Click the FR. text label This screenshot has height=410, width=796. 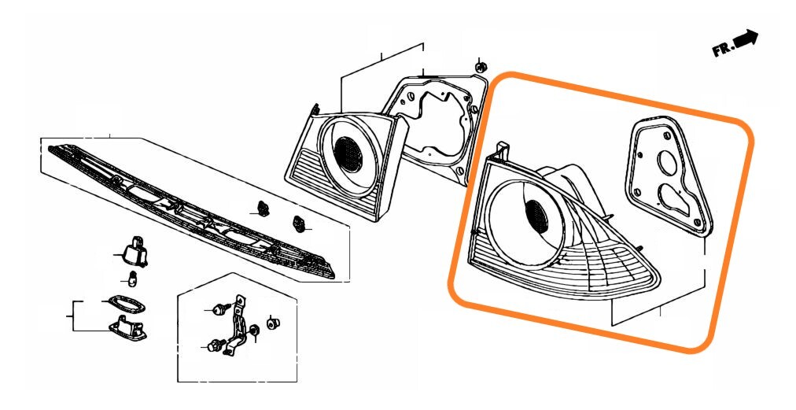pyautogui.click(x=723, y=50)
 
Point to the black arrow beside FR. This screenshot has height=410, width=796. pyautogui.click(x=746, y=39)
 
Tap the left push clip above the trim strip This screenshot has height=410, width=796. pyautogui.click(x=263, y=208)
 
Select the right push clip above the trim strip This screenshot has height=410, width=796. pyautogui.click(x=299, y=224)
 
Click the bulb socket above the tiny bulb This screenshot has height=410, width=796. pyautogui.click(x=134, y=250)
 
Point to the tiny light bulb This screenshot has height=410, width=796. pyautogui.click(x=132, y=279)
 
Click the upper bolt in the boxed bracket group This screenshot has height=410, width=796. pyautogui.click(x=221, y=308)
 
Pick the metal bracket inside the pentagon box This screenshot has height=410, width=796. pyautogui.click(x=236, y=325)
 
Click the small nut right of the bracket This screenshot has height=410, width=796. pyautogui.click(x=273, y=323)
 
